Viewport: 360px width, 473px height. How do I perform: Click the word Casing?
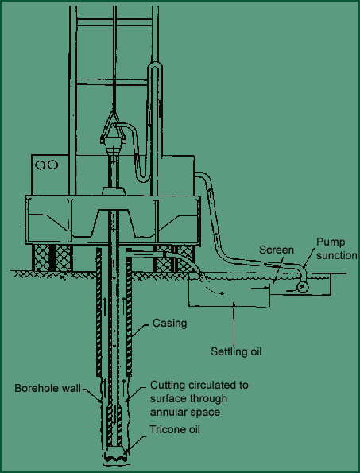point(169,324)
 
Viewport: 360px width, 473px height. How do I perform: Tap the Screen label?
point(277,250)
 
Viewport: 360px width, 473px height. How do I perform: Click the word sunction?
point(337,255)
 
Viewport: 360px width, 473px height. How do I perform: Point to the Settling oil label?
point(236,351)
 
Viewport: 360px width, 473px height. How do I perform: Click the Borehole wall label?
point(48,388)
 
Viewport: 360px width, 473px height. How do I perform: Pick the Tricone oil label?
point(175,429)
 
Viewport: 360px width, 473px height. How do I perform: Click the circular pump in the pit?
point(303,287)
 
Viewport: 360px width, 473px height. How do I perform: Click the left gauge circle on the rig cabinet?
point(41,165)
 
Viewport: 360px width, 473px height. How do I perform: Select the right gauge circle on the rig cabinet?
point(52,165)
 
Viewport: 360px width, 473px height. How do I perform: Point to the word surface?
point(168,399)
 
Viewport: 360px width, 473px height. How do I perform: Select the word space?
point(207,413)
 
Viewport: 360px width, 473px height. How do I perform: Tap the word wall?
point(72,388)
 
